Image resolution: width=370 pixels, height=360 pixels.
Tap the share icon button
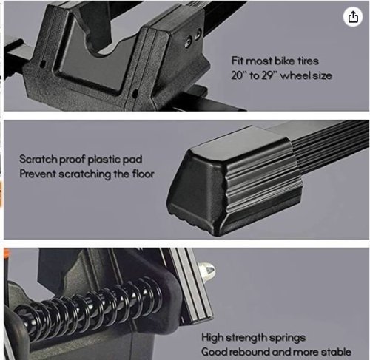353,17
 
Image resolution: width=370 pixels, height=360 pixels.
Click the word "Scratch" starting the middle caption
38,159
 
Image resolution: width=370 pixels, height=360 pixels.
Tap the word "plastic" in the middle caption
104,159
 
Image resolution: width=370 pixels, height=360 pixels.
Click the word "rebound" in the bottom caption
250,352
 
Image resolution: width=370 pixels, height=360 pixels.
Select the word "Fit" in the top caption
238,61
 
